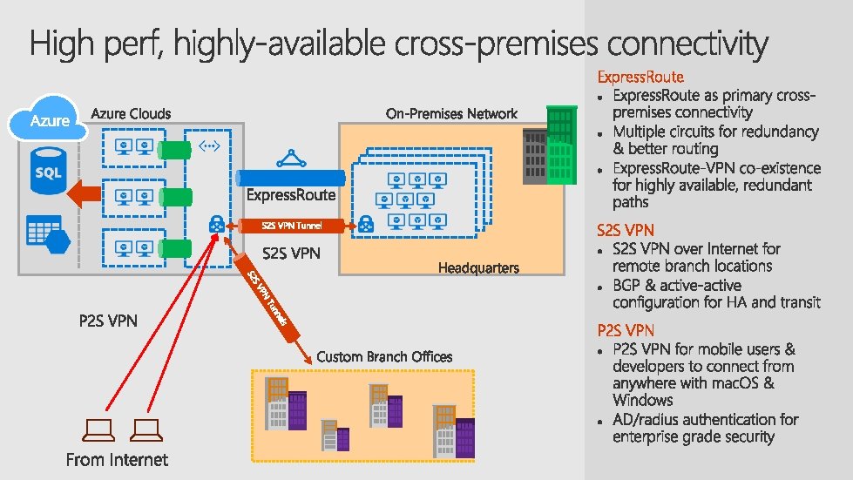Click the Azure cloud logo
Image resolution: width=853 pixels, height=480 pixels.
point(51,122)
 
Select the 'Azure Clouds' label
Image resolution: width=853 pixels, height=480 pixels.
point(132,113)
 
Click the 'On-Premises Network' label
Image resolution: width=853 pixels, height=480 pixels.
point(451,113)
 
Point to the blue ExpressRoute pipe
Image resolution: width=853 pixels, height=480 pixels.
point(291,178)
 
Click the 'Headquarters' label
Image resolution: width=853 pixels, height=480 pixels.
point(478,267)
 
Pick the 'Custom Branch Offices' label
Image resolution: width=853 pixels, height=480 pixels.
point(384,356)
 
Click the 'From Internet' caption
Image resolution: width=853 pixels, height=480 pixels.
point(117,459)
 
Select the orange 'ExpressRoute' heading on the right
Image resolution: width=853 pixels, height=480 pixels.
point(640,77)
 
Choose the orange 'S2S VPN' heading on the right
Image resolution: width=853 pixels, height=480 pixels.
point(626,231)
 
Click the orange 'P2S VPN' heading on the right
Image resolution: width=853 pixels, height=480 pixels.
point(626,330)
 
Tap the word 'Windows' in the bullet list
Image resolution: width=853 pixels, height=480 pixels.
point(642,400)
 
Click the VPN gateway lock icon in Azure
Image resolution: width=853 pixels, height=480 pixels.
point(214,226)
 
